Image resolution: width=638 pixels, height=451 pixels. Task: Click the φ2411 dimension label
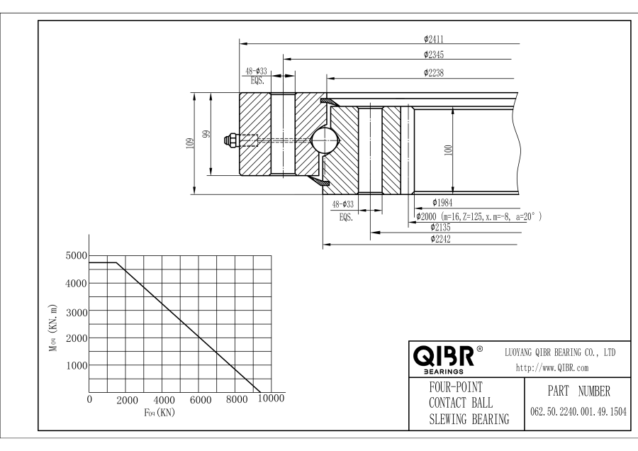(434, 39)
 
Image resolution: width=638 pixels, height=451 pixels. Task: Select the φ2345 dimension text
(434, 55)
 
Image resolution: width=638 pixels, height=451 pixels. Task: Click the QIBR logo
(444, 355)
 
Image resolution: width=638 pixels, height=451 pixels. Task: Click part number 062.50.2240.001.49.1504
(578, 412)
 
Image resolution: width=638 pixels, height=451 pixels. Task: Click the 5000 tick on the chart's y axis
(75, 255)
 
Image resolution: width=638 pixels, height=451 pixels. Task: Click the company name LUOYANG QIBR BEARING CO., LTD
(560, 352)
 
